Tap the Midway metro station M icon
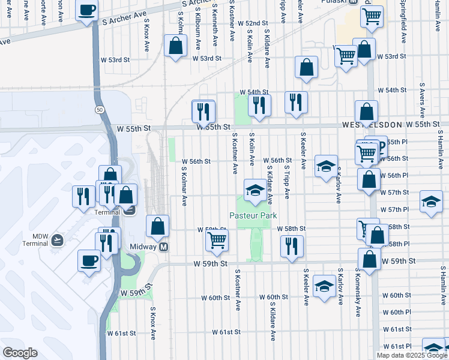[x=163, y=247]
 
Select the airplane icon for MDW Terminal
[x=57, y=239]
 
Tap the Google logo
[x=20, y=353]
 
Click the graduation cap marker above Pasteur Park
[x=255, y=190]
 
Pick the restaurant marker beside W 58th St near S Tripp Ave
[x=292, y=245]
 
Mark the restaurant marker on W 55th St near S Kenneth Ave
[x=203, y=111]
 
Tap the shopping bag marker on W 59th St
[x=369, y=259]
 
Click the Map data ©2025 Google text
[x=412, y=355]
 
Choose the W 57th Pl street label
[x=398, y=209]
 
